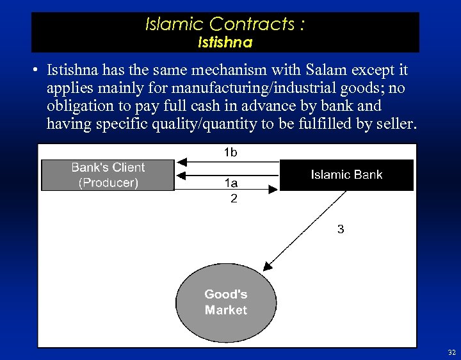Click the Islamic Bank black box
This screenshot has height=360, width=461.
click(x=346, y=175)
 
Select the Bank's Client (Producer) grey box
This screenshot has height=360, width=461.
click(x=108, y=175)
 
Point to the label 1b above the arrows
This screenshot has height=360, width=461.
click(x=230, y=152)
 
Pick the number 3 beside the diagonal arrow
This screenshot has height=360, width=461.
click(x=341, y=229)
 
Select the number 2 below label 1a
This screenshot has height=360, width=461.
click(x=234, y=199)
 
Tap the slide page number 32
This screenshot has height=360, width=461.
click(x=451, y=352)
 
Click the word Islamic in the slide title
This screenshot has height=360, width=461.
click(x=173, y=24)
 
